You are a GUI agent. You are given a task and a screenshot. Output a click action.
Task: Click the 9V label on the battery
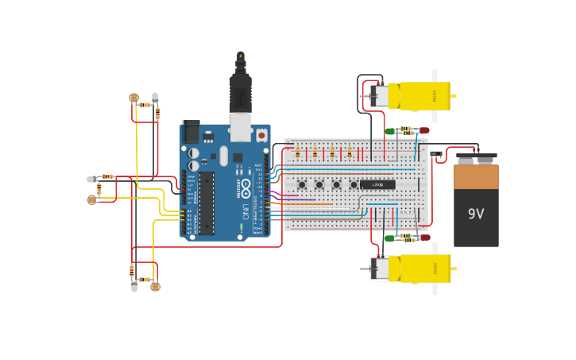(x=476, y=214)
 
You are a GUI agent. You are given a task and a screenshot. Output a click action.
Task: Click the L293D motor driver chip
(x=377, y=184)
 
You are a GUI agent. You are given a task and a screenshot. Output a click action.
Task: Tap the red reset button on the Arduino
(x=261, y=136)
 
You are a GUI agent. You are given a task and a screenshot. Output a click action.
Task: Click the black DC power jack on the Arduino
(x=191, y=132)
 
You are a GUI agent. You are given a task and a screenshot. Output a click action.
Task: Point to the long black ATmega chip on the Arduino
(x=207, y=203)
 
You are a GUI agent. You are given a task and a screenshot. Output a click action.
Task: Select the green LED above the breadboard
(x=390, y=131)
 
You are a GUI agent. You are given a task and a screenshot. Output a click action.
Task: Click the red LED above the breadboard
(x=424, y=130)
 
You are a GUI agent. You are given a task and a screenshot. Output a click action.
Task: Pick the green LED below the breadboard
(x=389, y=237)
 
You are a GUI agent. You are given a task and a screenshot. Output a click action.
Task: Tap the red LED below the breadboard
(x=425, y=237)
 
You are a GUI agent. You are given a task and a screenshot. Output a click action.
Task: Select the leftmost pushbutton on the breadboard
(x=302, y=184)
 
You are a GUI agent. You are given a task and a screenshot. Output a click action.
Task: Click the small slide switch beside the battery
(x=436, y=156)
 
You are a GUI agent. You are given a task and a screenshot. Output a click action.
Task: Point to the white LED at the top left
(x=155, y=97)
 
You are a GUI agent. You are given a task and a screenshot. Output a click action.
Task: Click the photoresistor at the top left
(x=133, y=98)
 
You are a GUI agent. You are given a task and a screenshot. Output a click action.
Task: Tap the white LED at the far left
(x=91, y=180)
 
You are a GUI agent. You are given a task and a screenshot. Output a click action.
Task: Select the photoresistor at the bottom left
(x=155, y=286)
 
